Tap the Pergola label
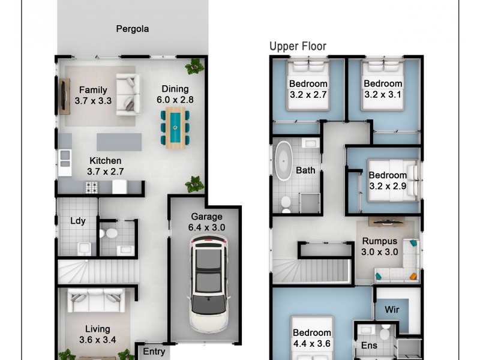point(132,28)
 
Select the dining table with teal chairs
point(175,127)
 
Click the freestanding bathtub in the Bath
point(282,161)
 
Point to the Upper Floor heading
point(298,46)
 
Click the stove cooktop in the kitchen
point(91,188)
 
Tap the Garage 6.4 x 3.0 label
point(206,222)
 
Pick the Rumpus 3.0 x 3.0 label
point(379,247)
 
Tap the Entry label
point(154,352)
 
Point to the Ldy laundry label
point(77,221)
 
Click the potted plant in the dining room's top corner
point(194,67)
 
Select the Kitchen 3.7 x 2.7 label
point(105,166)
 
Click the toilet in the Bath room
point(286,202)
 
